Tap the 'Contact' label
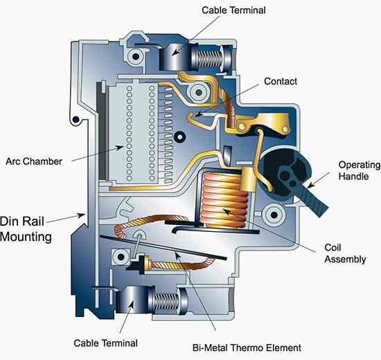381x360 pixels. point(281,81)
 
